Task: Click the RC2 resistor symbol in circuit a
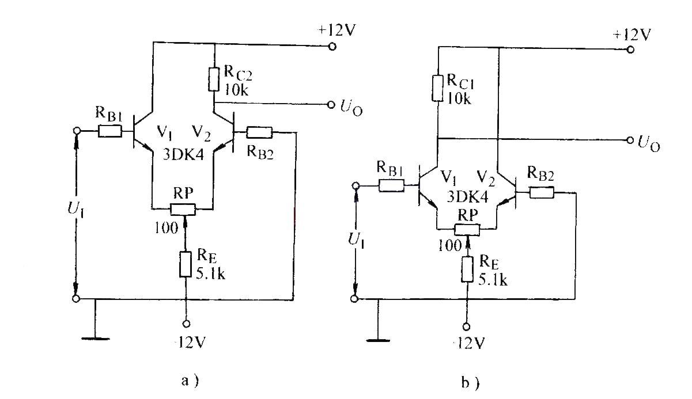click(x=213, y=79)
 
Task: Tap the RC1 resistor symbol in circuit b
click(x=437, y=88)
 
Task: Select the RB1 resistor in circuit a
click(x=110, y=131)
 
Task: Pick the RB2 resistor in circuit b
click(x=542, y=192)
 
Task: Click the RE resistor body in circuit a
click(x=186, y=264)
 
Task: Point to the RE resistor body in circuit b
click(x=467, y=269)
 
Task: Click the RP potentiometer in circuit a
click(x=183, y=210)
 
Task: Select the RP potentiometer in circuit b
click(x=467, y=230)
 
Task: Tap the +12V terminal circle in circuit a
click(x=332, y=47)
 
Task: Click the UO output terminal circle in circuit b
click(x=630, y=140)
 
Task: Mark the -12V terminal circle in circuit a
click(x=186, y=324)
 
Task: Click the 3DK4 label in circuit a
click(x=183, y=155)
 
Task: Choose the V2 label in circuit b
click(x=486, y=178)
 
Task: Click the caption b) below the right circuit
click(x=470, y=383)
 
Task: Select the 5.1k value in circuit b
click(x=493, y=280)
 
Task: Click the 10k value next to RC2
click(x=236, y=90)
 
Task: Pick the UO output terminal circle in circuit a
click(x=331, y=105)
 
